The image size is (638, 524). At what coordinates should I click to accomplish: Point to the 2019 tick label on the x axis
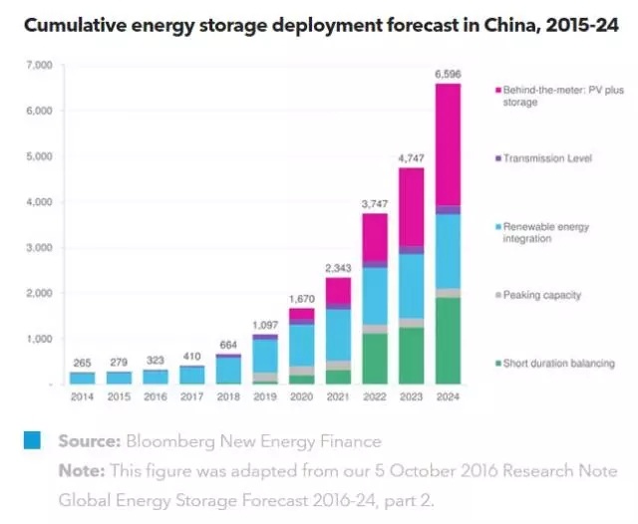click(x=264, y=395)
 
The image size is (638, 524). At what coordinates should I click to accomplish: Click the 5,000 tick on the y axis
click(x=38, y=156)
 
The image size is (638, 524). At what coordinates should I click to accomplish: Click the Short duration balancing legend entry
click(x=559, y=364)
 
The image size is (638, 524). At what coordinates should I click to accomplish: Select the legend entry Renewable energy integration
click(x=546, y=233)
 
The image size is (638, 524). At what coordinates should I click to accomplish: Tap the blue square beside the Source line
click(x=33, y=440)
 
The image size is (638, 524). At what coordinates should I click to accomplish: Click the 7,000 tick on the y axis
click(x=38, y=65)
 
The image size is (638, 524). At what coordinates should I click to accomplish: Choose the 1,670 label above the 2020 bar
click(x=301, y=297)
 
